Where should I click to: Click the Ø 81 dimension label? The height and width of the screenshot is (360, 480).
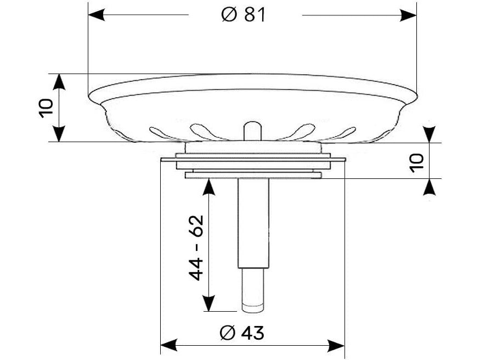pos(244,15)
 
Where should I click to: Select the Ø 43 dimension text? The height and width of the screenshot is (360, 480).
pos(242,333)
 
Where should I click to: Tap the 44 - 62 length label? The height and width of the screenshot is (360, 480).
pos(196,248)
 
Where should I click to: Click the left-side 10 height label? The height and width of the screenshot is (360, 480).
pos(46,108)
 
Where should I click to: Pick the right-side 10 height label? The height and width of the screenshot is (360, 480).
pos(416,163)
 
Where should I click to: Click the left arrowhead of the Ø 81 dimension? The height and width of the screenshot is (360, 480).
pos(97,15)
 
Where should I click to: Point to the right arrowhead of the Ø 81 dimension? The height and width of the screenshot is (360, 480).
pos(408,15)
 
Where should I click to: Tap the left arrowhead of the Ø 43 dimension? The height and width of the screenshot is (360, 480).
pos(169,345)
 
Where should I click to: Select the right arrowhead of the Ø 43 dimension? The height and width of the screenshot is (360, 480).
pos(336,346)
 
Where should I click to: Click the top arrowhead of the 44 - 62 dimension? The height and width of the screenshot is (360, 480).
pos(209,187)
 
